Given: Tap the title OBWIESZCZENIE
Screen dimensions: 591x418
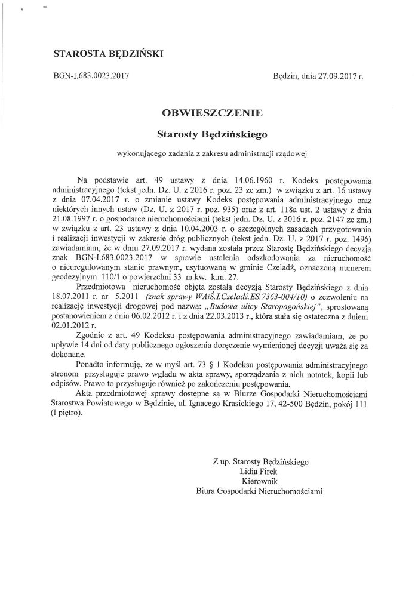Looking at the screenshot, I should [208, 111].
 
